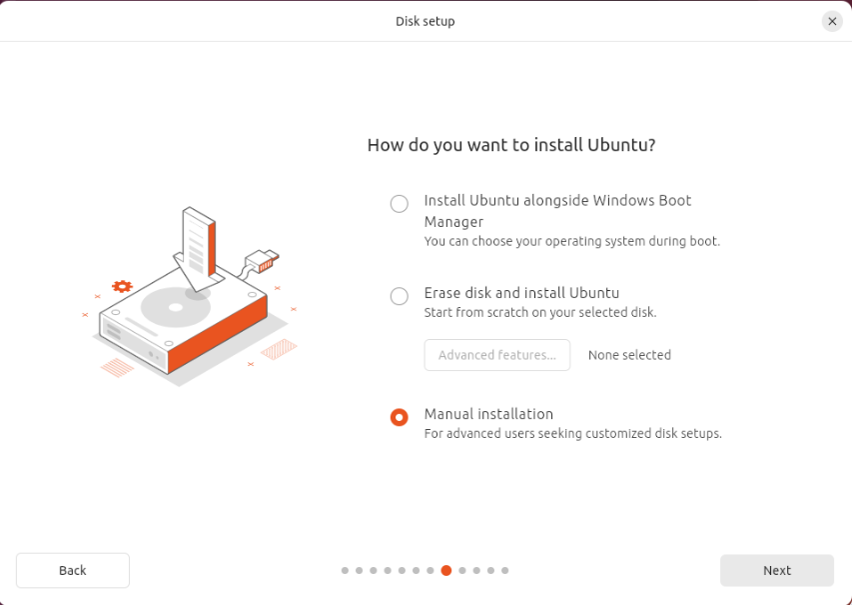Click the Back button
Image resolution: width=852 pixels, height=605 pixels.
(x=73, y=570)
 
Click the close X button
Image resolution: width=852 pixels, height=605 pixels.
(x=832, y=22)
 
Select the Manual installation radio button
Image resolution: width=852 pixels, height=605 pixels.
(x=400, y=417)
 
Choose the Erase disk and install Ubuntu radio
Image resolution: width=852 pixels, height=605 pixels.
(x=400, y=296)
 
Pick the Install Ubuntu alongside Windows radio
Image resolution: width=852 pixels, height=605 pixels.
(x=400, y=203)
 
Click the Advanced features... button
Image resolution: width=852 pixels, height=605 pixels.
(x=497, y=355)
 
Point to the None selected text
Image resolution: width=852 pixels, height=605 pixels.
(x=630, y=355)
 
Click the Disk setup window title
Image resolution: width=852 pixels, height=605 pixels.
(x=426, y=21)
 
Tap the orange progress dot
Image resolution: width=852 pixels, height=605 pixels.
(x=446, y=570)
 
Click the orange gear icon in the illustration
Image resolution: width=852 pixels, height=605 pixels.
(x=122, y=286)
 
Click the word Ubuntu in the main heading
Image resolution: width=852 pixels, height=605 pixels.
(x=621, y=145)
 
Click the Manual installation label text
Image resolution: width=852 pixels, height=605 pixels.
(x=489, y=414)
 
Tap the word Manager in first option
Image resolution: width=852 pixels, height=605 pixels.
(x=453, y=222)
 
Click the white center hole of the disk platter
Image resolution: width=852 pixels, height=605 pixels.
(x=176, y=307)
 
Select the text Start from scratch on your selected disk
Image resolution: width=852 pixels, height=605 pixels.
(x=540, y=313)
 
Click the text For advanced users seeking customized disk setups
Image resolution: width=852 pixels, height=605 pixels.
(x=573, y=434)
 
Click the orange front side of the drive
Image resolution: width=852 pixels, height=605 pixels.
(x=218, y=336)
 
